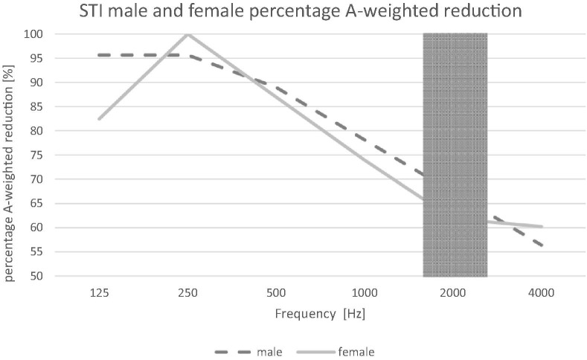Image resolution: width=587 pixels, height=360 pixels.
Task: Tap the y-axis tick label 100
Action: click(x=38, y=34)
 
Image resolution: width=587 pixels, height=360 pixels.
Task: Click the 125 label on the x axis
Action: click(x=99, y=294)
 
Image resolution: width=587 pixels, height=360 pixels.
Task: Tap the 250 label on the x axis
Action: click(x=187, y=294)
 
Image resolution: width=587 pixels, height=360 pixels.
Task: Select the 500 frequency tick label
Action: click(x=276, y=294)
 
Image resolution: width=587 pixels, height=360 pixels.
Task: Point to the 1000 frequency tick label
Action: click(x=365, y=294)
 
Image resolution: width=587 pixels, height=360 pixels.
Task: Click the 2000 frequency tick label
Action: click(x=453, y=294)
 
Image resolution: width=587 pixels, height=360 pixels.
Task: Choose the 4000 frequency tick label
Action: click(x=542, y=294)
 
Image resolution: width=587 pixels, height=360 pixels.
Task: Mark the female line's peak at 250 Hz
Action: click(x=187, y=34)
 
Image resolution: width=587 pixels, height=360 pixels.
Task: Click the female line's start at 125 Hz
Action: click(x=99, y=119)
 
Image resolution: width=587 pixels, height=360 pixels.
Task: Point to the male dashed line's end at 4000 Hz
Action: click(x=542, y=245)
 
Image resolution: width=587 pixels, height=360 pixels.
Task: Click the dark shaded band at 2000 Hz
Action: click(x=455, y=155)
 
